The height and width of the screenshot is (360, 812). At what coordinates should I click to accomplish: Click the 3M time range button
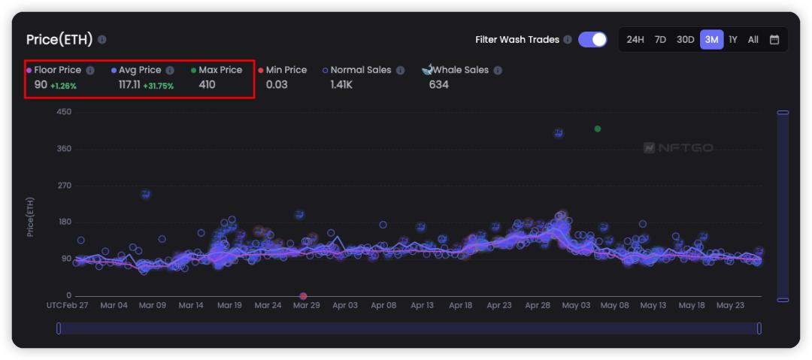point(711,40)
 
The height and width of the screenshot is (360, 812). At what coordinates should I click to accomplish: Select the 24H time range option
point(635,40)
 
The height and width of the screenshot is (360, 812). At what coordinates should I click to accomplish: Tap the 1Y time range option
point(733,40)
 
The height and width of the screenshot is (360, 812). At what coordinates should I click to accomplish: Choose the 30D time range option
point(685,40)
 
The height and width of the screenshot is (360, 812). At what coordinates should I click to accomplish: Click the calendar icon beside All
point(774,40)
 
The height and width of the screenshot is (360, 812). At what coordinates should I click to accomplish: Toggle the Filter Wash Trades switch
point(592,40)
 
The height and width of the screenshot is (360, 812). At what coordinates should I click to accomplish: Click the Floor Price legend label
point(57,70)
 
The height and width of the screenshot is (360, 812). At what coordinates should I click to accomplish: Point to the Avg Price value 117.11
point(129,85)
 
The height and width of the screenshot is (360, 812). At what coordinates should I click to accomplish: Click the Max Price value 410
point(207,85)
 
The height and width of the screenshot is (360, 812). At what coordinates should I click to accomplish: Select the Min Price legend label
point(286,70)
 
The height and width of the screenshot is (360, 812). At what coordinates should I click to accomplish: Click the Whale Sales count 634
point(438,85)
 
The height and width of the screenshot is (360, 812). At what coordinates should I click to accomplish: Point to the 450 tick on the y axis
point(64,112)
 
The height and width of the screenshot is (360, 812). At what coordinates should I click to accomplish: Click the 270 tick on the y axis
point(64,186)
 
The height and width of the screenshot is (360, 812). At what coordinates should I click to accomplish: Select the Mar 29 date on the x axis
point(306,306)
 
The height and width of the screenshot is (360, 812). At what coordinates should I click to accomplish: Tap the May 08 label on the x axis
point(614,306)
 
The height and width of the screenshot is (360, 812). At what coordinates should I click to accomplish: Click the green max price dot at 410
point(598,129)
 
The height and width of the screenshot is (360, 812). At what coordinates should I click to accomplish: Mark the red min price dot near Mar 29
point(303,296)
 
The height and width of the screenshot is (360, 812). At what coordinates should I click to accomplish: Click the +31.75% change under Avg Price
point(158,86)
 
